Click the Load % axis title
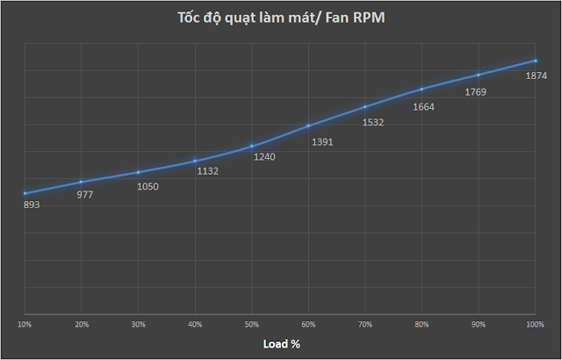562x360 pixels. (282, 343)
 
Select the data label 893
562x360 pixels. (32, 205)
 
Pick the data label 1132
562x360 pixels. (207, 171)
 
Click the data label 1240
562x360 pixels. (263, 156)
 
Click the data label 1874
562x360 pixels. (537, 76)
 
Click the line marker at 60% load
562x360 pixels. (308, 126)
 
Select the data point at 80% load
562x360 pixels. (422, 89)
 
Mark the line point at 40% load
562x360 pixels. (195, 161)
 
